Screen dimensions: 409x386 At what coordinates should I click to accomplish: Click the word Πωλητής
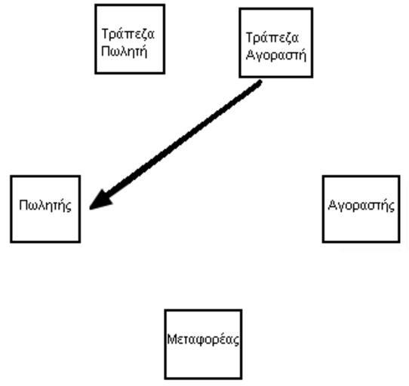[45, 206]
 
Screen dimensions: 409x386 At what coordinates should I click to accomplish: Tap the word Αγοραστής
[361, 205]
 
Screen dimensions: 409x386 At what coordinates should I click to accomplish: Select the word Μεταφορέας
[203, 340]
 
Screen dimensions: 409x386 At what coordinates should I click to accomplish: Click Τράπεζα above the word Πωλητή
[128, 34]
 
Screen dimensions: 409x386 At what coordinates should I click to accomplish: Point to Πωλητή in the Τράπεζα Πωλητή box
[125, 51]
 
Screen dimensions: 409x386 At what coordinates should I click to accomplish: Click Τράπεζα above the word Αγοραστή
[272, 38]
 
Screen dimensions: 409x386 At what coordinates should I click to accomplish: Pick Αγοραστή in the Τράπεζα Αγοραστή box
[276, 55]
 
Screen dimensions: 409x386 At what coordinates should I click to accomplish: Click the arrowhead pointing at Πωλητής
[100, 201]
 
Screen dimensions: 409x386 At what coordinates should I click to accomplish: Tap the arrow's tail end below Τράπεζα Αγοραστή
[260, 82]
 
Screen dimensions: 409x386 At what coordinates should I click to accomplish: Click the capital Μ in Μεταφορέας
[172, 339]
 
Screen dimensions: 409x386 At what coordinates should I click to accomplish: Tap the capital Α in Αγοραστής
[333, 205]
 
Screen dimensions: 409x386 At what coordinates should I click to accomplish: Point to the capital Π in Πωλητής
[23, 205]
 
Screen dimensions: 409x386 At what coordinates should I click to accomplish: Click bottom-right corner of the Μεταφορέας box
[241, 378]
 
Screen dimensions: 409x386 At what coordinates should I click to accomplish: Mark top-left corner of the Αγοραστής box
[323, 176]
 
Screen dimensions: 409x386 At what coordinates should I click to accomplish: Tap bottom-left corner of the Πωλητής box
[11, 242]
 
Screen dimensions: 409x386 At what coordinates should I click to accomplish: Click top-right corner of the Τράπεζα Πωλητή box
[165, 5]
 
